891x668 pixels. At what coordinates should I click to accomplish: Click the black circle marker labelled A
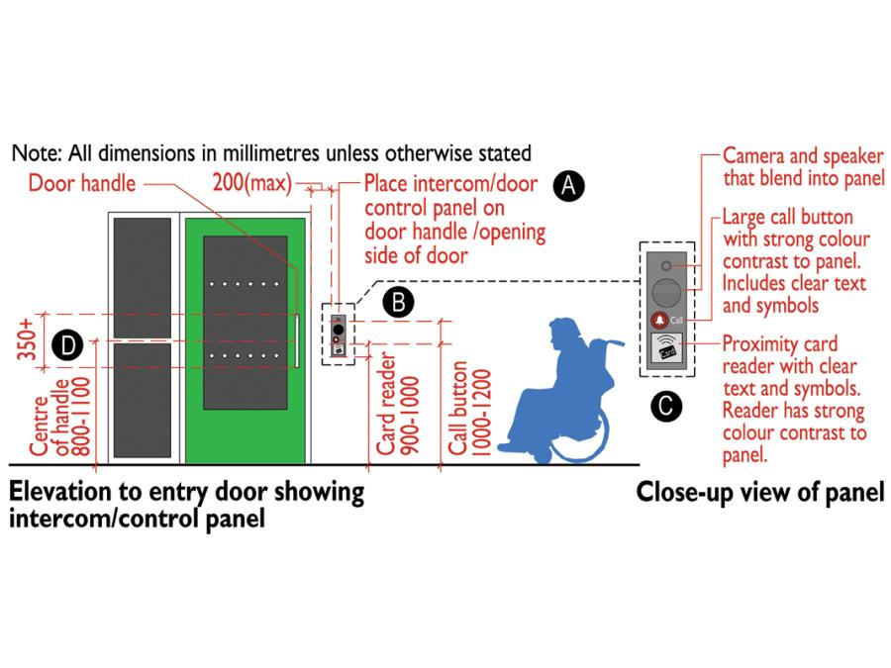(x=568, y=185)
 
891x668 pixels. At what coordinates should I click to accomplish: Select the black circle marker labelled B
(x=398, y=302)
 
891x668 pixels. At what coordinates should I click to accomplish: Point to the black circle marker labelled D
(x=66, y=344)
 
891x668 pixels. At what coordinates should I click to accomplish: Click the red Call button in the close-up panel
(x=660, y=320)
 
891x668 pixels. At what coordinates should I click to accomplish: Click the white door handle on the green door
(x=296, y=342)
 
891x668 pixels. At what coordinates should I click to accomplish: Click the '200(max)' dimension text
(x=251, y=183)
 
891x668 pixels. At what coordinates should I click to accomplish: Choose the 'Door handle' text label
(x=82, y=183)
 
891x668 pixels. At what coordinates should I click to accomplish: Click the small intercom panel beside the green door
(x=340, y=334)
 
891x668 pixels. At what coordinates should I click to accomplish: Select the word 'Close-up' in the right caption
(x=682, y=492)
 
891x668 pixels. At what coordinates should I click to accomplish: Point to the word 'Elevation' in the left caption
(x=60, y=492)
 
